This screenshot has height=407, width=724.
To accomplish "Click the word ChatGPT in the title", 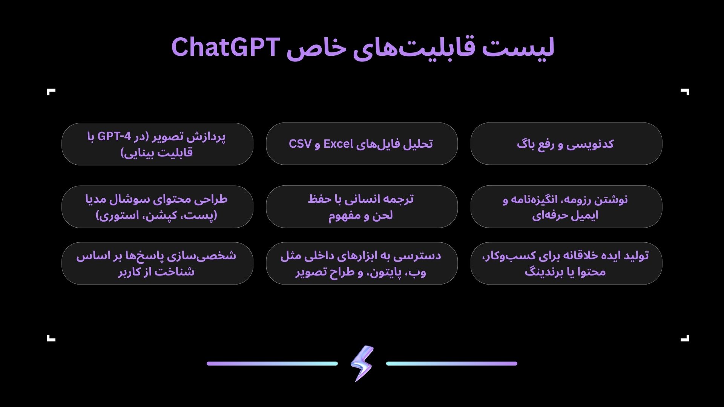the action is click(225, 47).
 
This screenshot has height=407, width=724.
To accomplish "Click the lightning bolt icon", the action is click(362, 363).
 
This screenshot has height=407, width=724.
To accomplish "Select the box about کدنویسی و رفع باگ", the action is click(566, 144).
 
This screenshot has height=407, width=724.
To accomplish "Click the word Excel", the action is click(338, 144).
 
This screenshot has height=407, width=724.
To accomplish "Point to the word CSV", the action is click(300, 144).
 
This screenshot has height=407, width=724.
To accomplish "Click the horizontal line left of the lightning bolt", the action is click(272, 364).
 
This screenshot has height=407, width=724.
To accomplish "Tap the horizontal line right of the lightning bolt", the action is click(452, 364).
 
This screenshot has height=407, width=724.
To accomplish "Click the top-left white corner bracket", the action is click(51, 92).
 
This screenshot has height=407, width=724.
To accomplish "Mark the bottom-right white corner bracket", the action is click(685, 338).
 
